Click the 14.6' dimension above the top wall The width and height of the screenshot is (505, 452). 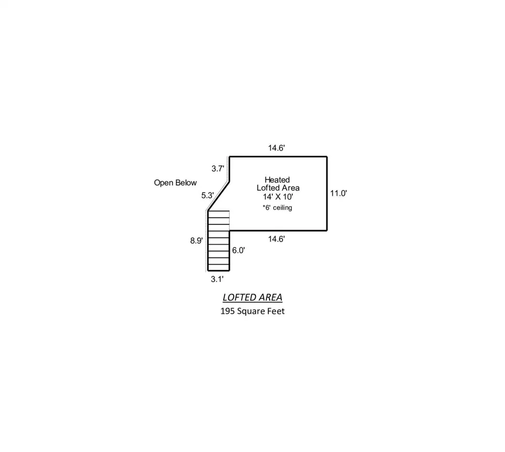coord(277,148)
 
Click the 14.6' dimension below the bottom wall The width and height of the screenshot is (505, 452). coord(277,239)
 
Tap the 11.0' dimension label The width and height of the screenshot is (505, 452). coord(338,193)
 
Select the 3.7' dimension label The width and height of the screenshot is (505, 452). coord(218,168)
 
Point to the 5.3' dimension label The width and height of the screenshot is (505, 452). coord(208,195)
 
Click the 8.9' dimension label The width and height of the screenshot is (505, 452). coord(196,241)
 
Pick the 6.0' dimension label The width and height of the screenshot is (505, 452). coord(239,250)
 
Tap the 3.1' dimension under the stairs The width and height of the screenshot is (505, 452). coord(217,279)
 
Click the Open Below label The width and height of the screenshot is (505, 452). coord(175,183)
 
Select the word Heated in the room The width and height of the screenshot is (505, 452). coord(277,180)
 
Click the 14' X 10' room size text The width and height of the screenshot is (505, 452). coord(278,197)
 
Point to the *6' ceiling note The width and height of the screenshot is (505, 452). coord(277,208)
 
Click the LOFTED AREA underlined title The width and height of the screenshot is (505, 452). coord(252,298)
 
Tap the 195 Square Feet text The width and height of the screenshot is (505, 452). coord(252,311)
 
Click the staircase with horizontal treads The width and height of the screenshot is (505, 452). coord(219,241)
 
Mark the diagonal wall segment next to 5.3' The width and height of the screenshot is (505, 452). coord(219,196)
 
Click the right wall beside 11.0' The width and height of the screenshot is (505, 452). coord(327,194)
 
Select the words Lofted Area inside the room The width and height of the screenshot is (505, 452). coord(278,188)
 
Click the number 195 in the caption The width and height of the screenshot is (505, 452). coord(227,311)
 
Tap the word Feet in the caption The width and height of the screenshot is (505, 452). coord(277,311)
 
